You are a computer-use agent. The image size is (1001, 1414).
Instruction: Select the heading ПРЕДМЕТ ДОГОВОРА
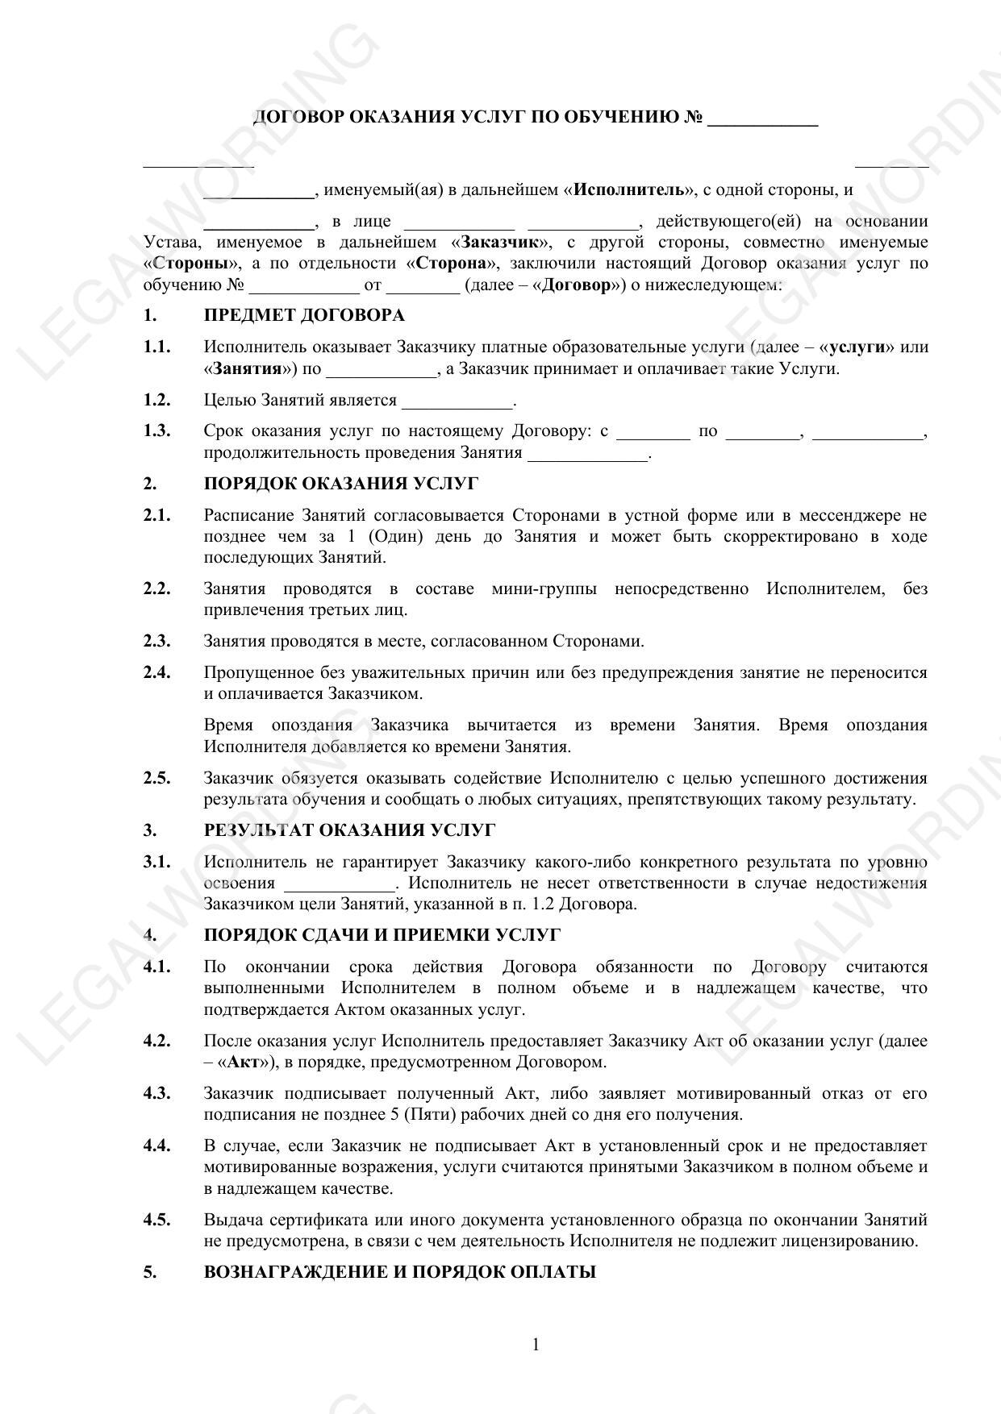(x=304, y=315)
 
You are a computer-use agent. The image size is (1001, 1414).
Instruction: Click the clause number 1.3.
(x=156, y=430)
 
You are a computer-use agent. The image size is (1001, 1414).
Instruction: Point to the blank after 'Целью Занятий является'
(x=457, y=402)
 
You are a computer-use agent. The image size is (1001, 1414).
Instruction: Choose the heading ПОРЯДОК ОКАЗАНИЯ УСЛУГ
(x=340, y=484)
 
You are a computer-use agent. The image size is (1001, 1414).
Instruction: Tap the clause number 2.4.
(x=156, y=672)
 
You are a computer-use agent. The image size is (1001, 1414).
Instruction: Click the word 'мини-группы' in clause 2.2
(x=544, y=589)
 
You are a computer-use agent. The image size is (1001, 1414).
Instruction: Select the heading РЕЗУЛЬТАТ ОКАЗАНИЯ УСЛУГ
(x=349, y=830)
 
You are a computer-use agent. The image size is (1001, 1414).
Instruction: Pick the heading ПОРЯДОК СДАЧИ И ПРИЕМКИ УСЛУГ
(x=382, y=935)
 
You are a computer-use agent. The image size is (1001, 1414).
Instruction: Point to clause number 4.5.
(x=156, y=1220)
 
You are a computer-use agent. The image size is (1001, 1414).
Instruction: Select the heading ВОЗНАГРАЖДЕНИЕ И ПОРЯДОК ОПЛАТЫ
(x=399, y=1272)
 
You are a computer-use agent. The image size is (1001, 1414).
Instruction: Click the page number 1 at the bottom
(x=536, y=1344)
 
